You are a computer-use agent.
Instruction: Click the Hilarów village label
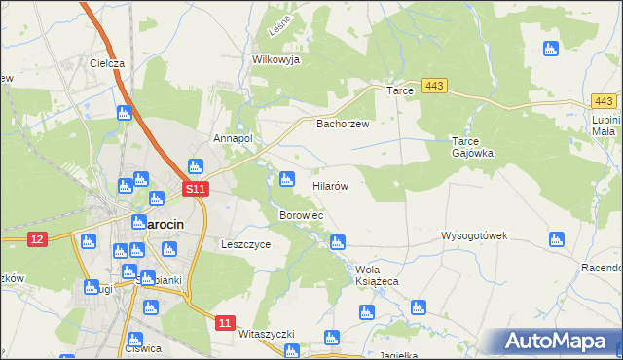coord(330,184)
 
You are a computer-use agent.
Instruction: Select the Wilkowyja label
coord(275,59)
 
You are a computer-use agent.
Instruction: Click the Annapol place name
coord(234,138)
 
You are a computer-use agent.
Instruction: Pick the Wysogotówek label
coord(475,236)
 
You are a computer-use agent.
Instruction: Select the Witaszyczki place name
coord(266,334)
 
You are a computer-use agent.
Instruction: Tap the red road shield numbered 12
coord(38,239)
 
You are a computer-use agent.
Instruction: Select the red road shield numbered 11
coord(226,322)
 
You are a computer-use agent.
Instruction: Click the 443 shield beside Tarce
coord(435,87)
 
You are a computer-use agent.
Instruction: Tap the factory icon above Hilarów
coord(286,179)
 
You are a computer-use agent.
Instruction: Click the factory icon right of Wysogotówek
coord(557,238)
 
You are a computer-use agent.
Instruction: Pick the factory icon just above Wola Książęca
coord(338,242)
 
